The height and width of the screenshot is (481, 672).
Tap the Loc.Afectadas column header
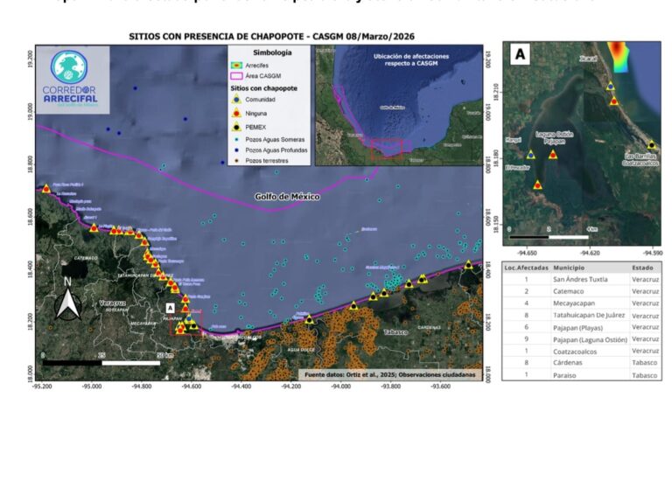point(526,267)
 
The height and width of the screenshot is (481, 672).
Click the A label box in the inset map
point(520,54)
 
